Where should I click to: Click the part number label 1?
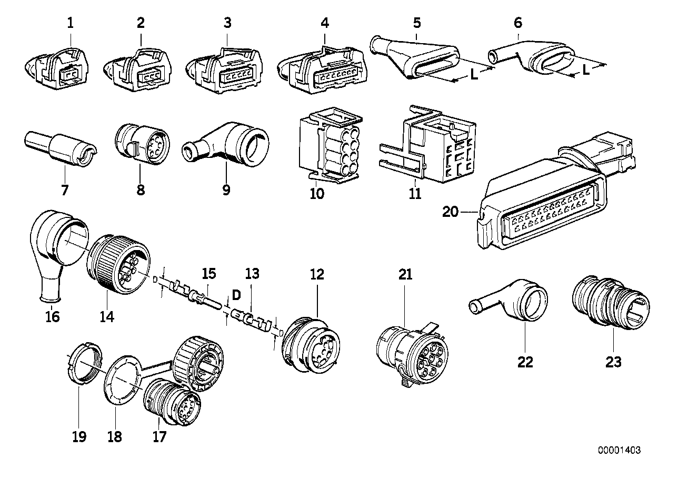pos(70,23)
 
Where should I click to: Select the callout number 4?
pos(325,23)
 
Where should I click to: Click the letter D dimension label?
pos(236,295)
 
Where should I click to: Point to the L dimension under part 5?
pos(474,74)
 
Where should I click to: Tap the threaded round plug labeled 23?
pos(611,303)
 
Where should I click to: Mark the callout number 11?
pos(415,194)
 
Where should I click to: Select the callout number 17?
pos(159,437)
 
